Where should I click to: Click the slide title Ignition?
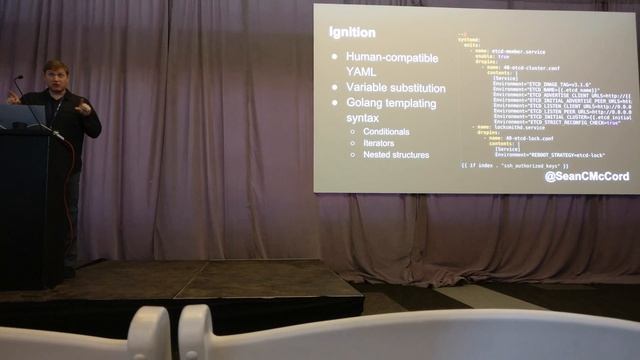tap(352, 32)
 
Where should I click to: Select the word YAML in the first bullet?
tap(362, 72)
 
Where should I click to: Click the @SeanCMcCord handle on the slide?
tap(587, 177)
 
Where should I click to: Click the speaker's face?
tap(56, 76)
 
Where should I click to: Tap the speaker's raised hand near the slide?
tap(83, 107)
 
